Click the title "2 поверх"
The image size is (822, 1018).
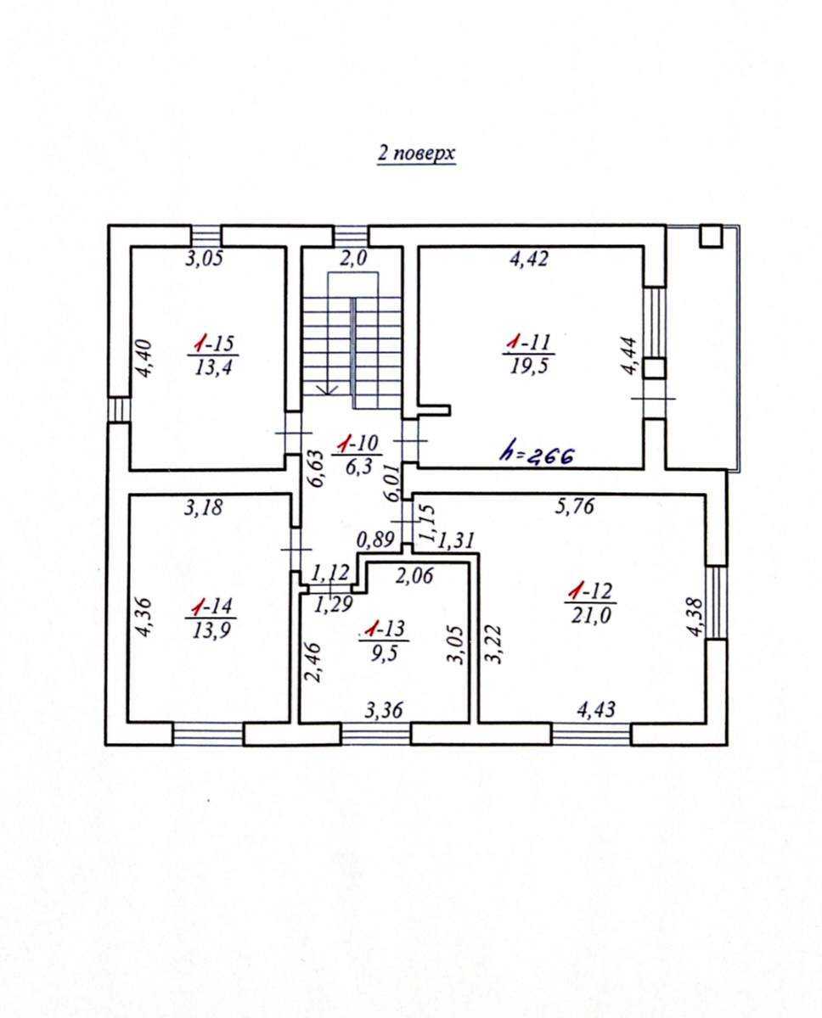coord(416,154)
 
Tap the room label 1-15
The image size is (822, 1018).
coord(213,344)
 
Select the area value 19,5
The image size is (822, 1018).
coord(529,366)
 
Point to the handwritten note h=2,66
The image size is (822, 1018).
coord(538,456)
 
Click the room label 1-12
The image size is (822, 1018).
coord(590,591)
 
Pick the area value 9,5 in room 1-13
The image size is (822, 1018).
coord(384,653)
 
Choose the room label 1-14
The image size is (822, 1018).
coord(211,607)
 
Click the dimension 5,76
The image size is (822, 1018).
coord(574,506)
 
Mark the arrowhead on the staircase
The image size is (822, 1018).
coord(327,389)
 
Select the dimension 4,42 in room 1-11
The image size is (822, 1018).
coord(529,260)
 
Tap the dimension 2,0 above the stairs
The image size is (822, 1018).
coord(354,259)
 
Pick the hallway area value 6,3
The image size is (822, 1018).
coord(358,467)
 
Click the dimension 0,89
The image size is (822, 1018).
coord(375,540)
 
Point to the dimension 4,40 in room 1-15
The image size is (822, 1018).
coord(144,358)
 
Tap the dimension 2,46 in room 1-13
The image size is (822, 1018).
coord(312,662)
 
